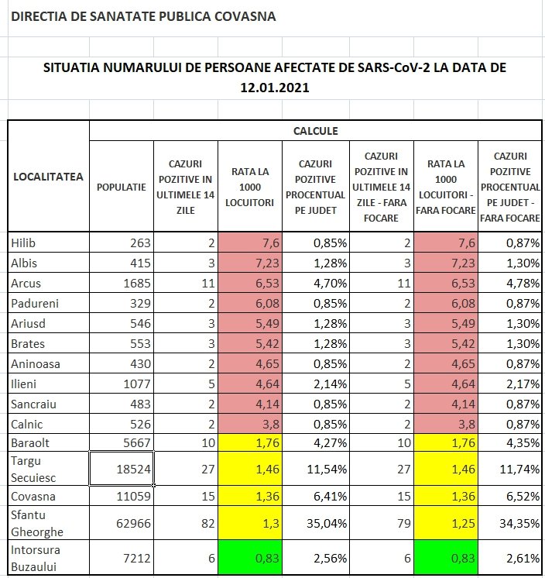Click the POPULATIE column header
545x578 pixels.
point(122,187)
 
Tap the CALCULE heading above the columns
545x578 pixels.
point(315,131)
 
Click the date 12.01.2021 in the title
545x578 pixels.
point(275,88)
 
